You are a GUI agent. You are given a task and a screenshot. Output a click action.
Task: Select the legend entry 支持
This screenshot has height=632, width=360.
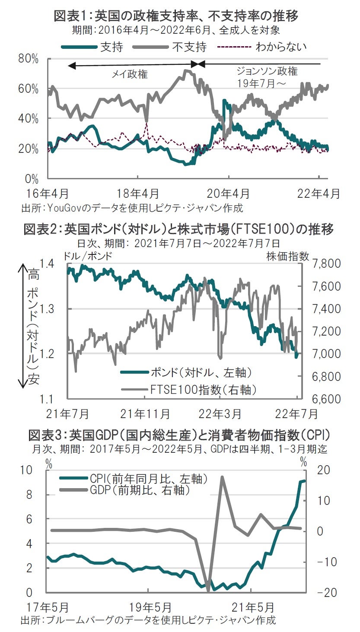coord(112,47)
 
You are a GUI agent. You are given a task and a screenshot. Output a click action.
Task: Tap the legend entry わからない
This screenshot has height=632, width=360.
coord(281,47)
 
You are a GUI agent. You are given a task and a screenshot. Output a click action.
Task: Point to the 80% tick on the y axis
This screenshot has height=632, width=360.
coord(30,59)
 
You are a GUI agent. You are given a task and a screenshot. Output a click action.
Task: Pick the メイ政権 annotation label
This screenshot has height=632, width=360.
coord(130,74)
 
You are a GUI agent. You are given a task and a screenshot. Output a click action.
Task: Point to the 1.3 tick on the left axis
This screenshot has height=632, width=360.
coord(50,309)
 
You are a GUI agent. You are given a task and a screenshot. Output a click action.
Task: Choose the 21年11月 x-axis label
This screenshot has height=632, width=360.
coord(145,414)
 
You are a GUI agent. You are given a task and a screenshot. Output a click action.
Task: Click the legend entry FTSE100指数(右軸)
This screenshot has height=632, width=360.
coord(203,390)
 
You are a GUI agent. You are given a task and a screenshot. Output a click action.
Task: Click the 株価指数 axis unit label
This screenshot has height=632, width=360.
coord(288,256)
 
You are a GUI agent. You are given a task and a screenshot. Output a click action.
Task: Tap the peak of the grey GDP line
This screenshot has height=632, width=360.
coord(222,477)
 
